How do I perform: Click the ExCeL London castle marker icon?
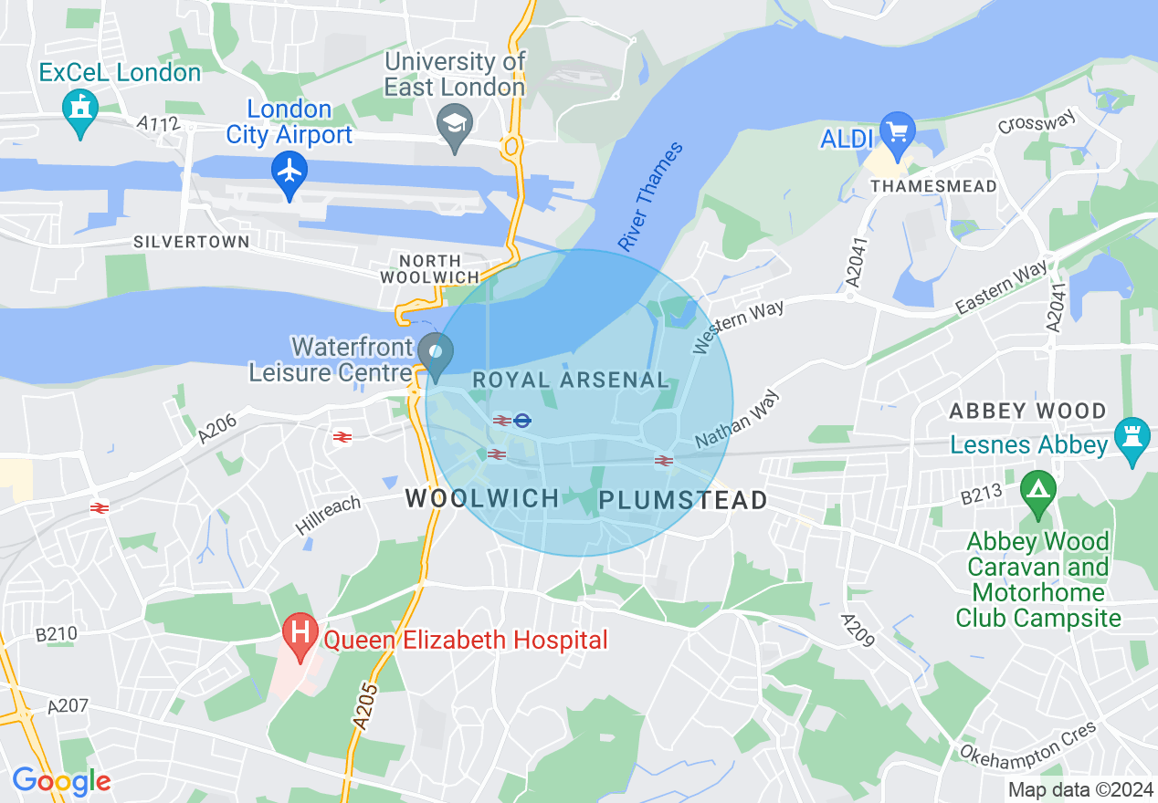pyautogui.click(x=80, y=110)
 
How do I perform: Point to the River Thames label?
pyautogui.click(x=649, y=197)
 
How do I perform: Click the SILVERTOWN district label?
pyautogui.click(x=191, y=242)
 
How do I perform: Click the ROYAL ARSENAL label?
pyautogui.click(x=570, y=381)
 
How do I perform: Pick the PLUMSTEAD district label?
pyautogui.click(x=683, y=500)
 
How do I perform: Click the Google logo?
pyautogui.click(x=61, y=781)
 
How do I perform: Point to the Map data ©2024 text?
pyautogui.click(x=1080, y=788)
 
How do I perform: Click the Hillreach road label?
pyautogui.click(x=327, y=516)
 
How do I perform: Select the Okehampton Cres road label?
pyautogui.click(x=1027, y=741)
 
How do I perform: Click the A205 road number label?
pyautogui.click(x=363, y=706)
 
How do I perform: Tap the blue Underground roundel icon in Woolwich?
pyautogui.click(x=522, y=421)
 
